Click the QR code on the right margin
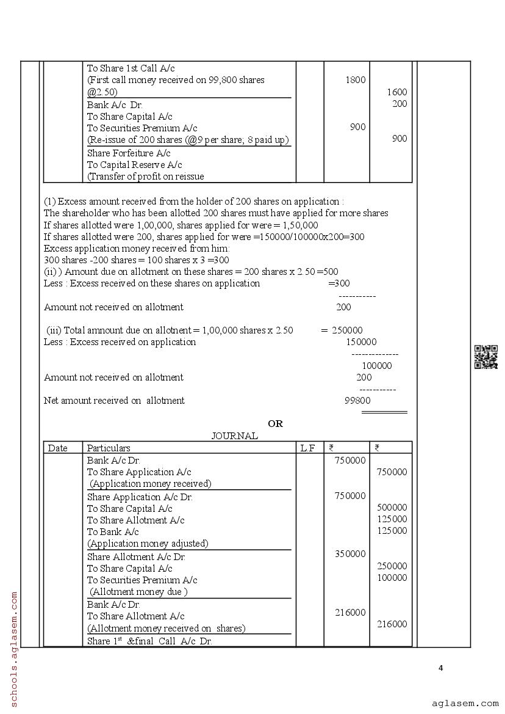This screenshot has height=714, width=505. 485,357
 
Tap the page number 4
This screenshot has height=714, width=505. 441,668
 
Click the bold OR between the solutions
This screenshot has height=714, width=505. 275,423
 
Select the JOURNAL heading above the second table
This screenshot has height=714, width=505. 234,435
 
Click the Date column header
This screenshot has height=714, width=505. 58,448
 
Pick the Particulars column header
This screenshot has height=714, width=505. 109,448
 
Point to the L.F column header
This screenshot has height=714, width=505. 307,448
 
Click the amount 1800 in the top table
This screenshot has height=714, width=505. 355,80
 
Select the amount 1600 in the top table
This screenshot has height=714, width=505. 396,92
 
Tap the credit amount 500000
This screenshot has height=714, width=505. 392,508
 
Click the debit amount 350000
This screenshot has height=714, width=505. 350,554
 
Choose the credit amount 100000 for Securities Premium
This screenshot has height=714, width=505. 392,578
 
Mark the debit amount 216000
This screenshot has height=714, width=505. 350,613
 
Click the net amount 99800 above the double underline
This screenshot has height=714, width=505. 357,401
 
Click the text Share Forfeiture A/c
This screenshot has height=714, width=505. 129,153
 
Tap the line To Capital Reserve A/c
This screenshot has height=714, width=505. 134,165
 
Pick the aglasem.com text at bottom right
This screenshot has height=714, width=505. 465,703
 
